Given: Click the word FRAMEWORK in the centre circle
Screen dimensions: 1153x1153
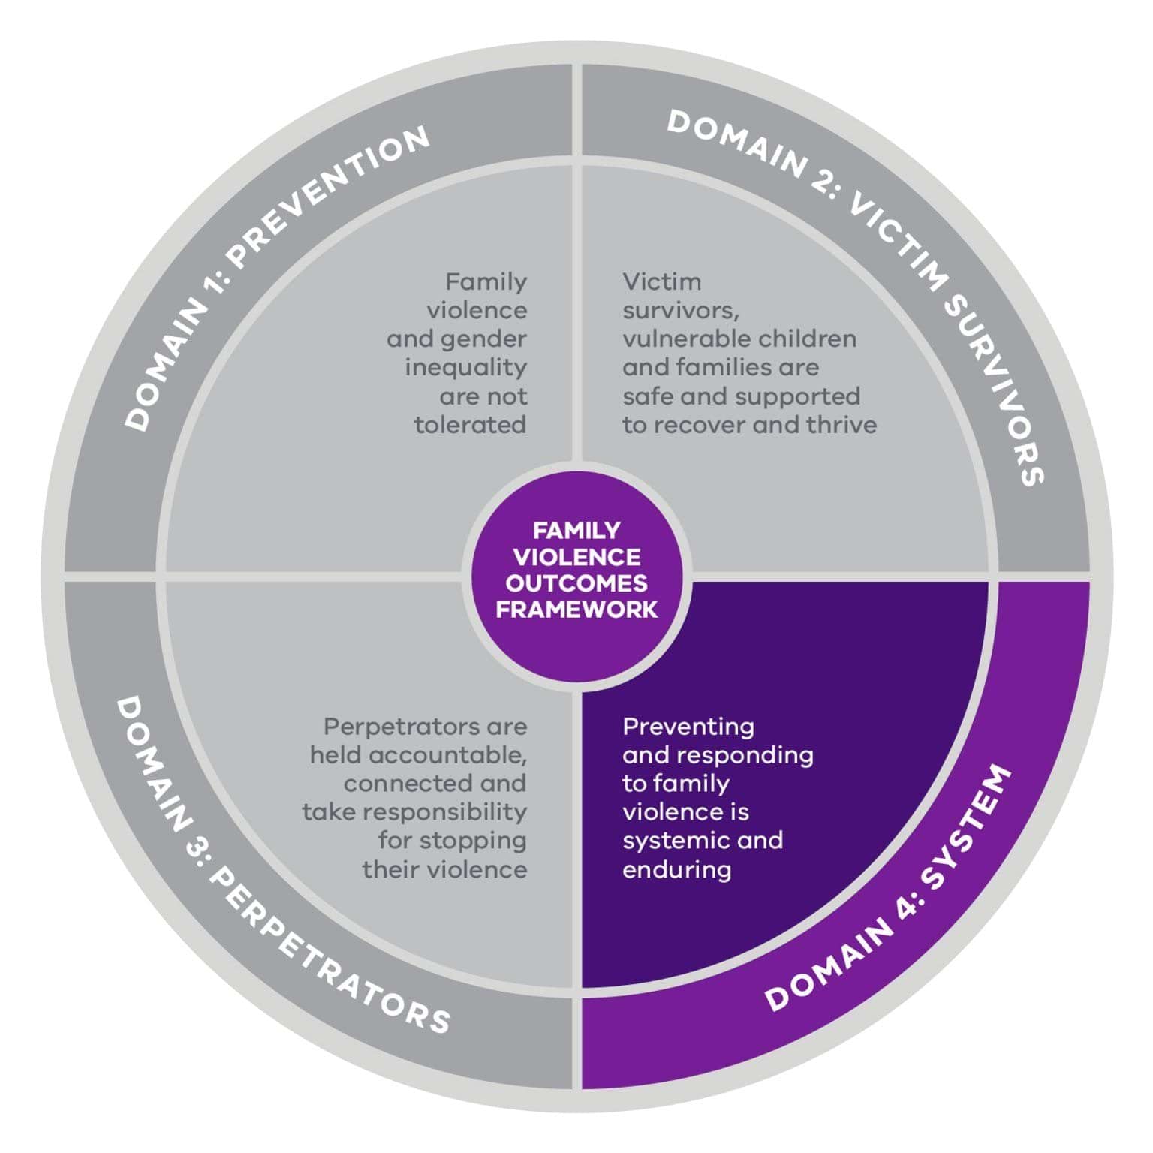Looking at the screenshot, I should (x=576, y=609).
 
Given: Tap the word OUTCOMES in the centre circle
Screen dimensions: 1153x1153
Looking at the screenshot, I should (x=576, y=583).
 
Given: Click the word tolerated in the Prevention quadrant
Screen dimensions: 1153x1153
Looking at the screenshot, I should (x=470, y=425).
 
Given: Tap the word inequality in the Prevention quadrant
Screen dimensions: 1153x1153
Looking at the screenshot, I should (x=465, y=368).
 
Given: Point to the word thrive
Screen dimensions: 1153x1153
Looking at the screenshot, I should (x=841, y=425).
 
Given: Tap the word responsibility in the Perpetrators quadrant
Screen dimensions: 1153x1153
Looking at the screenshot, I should (x=453, y=812).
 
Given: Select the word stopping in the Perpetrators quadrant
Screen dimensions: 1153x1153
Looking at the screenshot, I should (x=452, y=841).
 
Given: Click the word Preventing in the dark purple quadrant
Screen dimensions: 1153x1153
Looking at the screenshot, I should (x=688, y=727).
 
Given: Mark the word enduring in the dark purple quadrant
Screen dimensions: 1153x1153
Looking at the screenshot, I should (x=676, y=870).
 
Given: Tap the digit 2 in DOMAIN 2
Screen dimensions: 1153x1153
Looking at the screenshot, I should (x=822, y=185).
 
